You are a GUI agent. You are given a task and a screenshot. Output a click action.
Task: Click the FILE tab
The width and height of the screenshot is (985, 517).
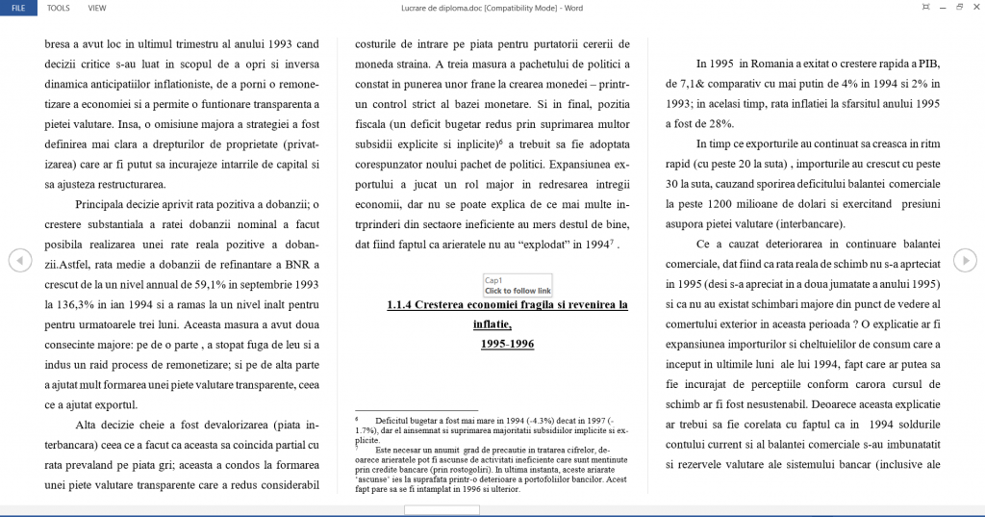point(18,7)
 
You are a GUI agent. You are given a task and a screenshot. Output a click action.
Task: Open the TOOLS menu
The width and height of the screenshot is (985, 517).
point(59,7)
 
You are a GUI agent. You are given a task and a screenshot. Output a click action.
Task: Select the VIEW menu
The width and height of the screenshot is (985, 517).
point(97,7)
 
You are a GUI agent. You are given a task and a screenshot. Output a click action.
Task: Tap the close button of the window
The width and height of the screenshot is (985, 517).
point(974,7)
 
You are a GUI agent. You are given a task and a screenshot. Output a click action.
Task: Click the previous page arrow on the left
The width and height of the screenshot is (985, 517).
point(18,260)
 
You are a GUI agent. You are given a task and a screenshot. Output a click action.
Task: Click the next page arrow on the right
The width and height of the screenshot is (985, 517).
point(965,260)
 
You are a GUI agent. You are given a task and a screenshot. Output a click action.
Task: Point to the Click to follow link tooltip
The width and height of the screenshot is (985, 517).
point(518,290)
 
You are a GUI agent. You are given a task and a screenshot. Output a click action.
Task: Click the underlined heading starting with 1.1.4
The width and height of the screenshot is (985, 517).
point(507,304)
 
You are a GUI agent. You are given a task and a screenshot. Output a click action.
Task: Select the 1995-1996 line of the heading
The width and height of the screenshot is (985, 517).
point(507,344)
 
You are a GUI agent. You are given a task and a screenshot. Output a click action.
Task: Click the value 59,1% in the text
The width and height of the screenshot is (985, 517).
point(222,284)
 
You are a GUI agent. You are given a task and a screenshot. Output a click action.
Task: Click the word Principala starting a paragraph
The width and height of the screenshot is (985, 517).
point(105,204)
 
